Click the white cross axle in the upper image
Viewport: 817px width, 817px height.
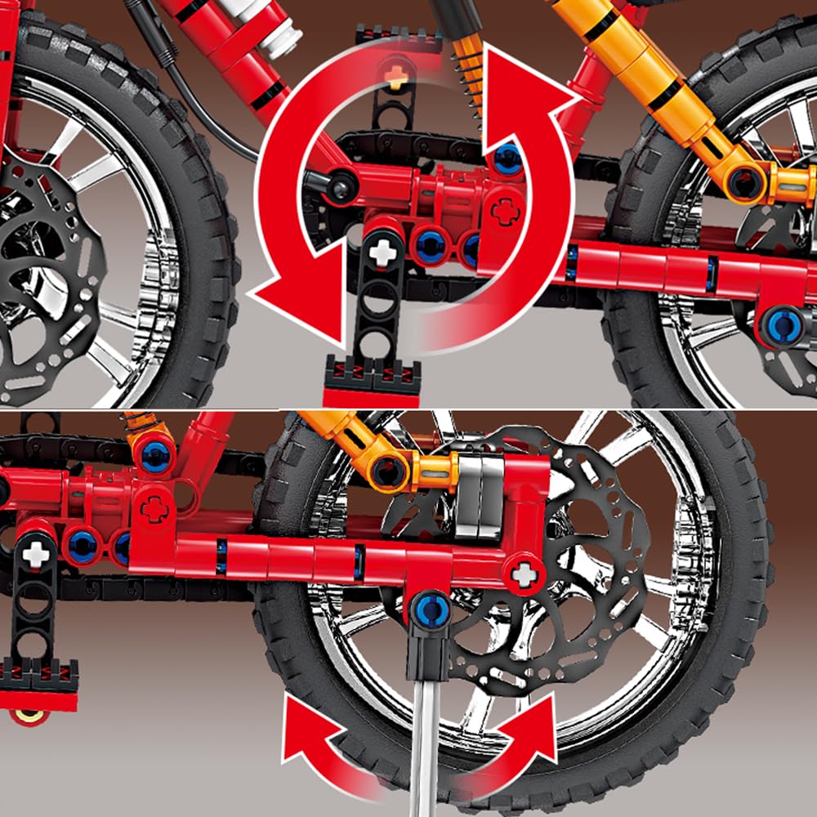382,252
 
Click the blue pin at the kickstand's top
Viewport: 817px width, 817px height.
431,609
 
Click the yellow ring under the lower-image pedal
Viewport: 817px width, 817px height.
30,716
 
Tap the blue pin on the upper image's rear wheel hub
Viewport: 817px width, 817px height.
781,324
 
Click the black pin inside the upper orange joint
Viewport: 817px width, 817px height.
745,181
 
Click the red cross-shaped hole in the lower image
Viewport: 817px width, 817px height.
154,509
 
